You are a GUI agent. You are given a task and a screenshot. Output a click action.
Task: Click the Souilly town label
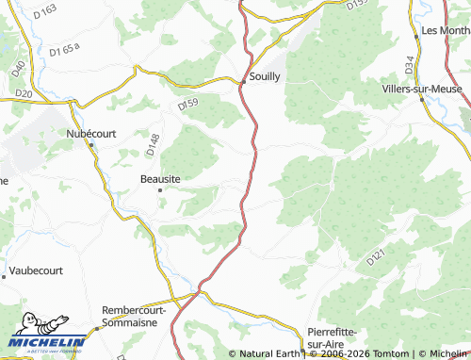[x=265, y=76]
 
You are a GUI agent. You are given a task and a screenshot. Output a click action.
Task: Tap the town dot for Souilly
[x=243, y=82]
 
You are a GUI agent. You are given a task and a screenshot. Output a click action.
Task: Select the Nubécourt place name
[x=91, y=134]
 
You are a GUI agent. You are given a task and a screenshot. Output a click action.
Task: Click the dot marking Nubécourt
[x=91, y=145]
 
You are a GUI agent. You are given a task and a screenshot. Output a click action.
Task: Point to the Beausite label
[x=159, y=178]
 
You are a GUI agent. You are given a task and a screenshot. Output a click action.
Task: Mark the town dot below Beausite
[x=160, y=190]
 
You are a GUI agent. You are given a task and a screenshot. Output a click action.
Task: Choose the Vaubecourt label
[x=36, y=270]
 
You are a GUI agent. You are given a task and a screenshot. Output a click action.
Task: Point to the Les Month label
[x=445, y=30]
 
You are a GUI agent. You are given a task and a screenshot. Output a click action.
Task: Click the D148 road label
[x=154, y=143]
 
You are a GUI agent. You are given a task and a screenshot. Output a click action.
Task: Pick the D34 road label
[x=410, y=64]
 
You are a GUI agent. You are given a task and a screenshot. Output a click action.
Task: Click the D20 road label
[x=24, y=94]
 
